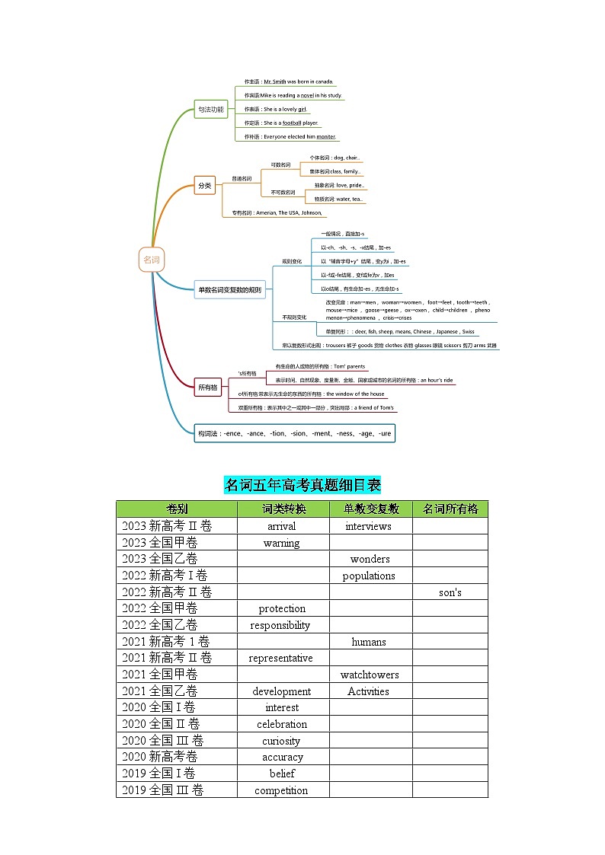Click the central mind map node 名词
pyautogui.click(x=152, y=260)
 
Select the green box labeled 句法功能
pyautogui.click(x=210, y=110)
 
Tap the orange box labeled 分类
pyautogui.click(x=205, y=185)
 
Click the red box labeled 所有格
pyautogui.click(x=208, y=387)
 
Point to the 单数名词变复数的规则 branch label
pyautogui.click(x=229, y=289)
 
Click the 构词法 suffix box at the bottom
pyautogui.click(x=294, y=433)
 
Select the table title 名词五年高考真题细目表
pyautogui.click(x=302, y=485)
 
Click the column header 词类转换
pyautogui.click(x=283, y=509)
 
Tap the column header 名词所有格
pyautogui.click(x=450, y=509)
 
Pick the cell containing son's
pyautogui.click(x=450, y=592)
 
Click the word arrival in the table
pyautogui.click(x=282, y=526)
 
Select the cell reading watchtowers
pyautogui.click(x=369, y=675)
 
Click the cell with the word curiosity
pyautogui.click(x=281, y=741)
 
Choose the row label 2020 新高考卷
pyautogui.click(x=159, y=757)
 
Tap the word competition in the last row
pyautogui.click(x=281, y=790)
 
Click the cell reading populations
pyautogui.click(x=369, y=576)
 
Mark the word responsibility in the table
pyautogui.click(x=280, y=625)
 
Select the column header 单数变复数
pyautogui.click(x=371, y=509)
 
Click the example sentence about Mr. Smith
pyautogui.click(x=288, y=81)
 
